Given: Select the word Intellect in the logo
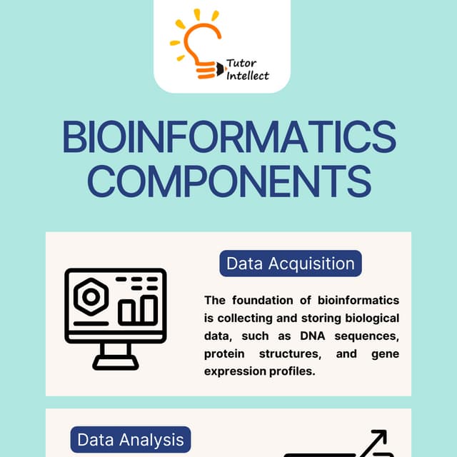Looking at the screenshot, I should (x=248, y=76).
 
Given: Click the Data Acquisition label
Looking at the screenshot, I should (x=290, y=263).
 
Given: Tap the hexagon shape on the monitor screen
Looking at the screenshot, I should (x=91, y=298).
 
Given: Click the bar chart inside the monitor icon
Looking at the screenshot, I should (x=137, y=309).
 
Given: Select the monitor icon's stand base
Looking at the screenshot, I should (x=116, y=363).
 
